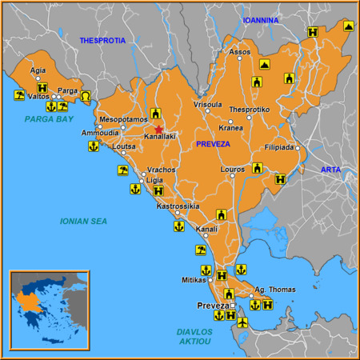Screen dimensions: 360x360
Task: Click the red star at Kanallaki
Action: pos(158,129)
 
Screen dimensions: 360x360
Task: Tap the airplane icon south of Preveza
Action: pos(243,322)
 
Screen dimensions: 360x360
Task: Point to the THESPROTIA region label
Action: pos(102,40)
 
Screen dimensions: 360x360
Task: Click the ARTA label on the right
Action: pos(330,170)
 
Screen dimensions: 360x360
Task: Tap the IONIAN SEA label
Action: pos(83,220)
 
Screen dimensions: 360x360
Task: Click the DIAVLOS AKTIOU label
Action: pos(194,336)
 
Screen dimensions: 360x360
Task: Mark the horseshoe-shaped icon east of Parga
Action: pos(86,96)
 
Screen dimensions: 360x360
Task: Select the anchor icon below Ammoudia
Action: pos(93,146)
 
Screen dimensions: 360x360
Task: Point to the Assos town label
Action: pos(240,52)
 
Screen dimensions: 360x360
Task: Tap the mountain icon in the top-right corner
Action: pos(349,26)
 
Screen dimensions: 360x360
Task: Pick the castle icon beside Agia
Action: pos(42,89)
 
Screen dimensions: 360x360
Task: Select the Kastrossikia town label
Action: pos(178,206)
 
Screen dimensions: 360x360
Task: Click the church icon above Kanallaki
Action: pos(155,114)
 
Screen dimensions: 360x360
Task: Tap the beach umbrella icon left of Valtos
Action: pos(18,96)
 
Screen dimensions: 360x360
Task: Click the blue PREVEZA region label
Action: pos(213,144)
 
